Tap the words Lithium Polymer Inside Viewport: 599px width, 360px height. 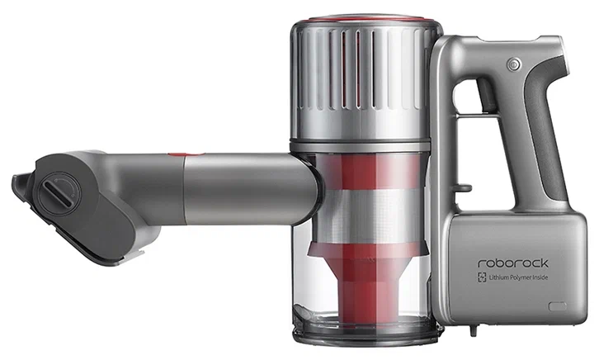point(518,277)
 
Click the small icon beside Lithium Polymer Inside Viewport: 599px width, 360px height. point(482,277)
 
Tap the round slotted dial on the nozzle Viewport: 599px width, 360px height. point(60,193)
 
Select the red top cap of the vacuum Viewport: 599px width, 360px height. point(366,20)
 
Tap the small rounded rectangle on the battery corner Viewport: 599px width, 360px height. point(558,306)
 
